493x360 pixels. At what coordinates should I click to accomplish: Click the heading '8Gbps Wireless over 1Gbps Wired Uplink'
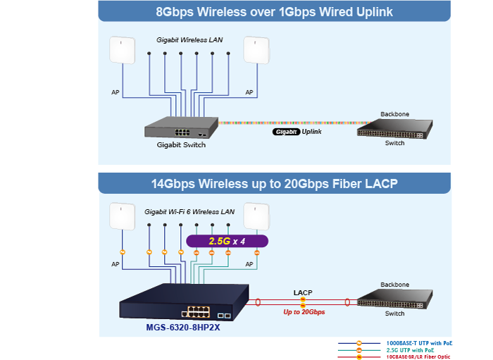click(274, 12)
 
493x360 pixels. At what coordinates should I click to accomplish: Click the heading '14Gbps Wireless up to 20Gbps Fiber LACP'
click(274, 184)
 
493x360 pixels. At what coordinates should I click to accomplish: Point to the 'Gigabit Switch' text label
click(181, 145)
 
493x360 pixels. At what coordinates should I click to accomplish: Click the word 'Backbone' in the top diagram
click(394, 113)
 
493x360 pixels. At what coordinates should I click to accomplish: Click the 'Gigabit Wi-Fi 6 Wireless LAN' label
click(189, 211)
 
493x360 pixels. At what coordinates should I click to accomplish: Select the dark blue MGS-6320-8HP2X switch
click(185, 303)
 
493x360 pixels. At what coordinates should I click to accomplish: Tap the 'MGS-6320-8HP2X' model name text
click(183, 327)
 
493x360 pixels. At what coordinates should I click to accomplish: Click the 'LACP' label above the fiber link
click(303, 292)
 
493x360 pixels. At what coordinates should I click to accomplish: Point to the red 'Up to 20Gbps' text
click(304, 311)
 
